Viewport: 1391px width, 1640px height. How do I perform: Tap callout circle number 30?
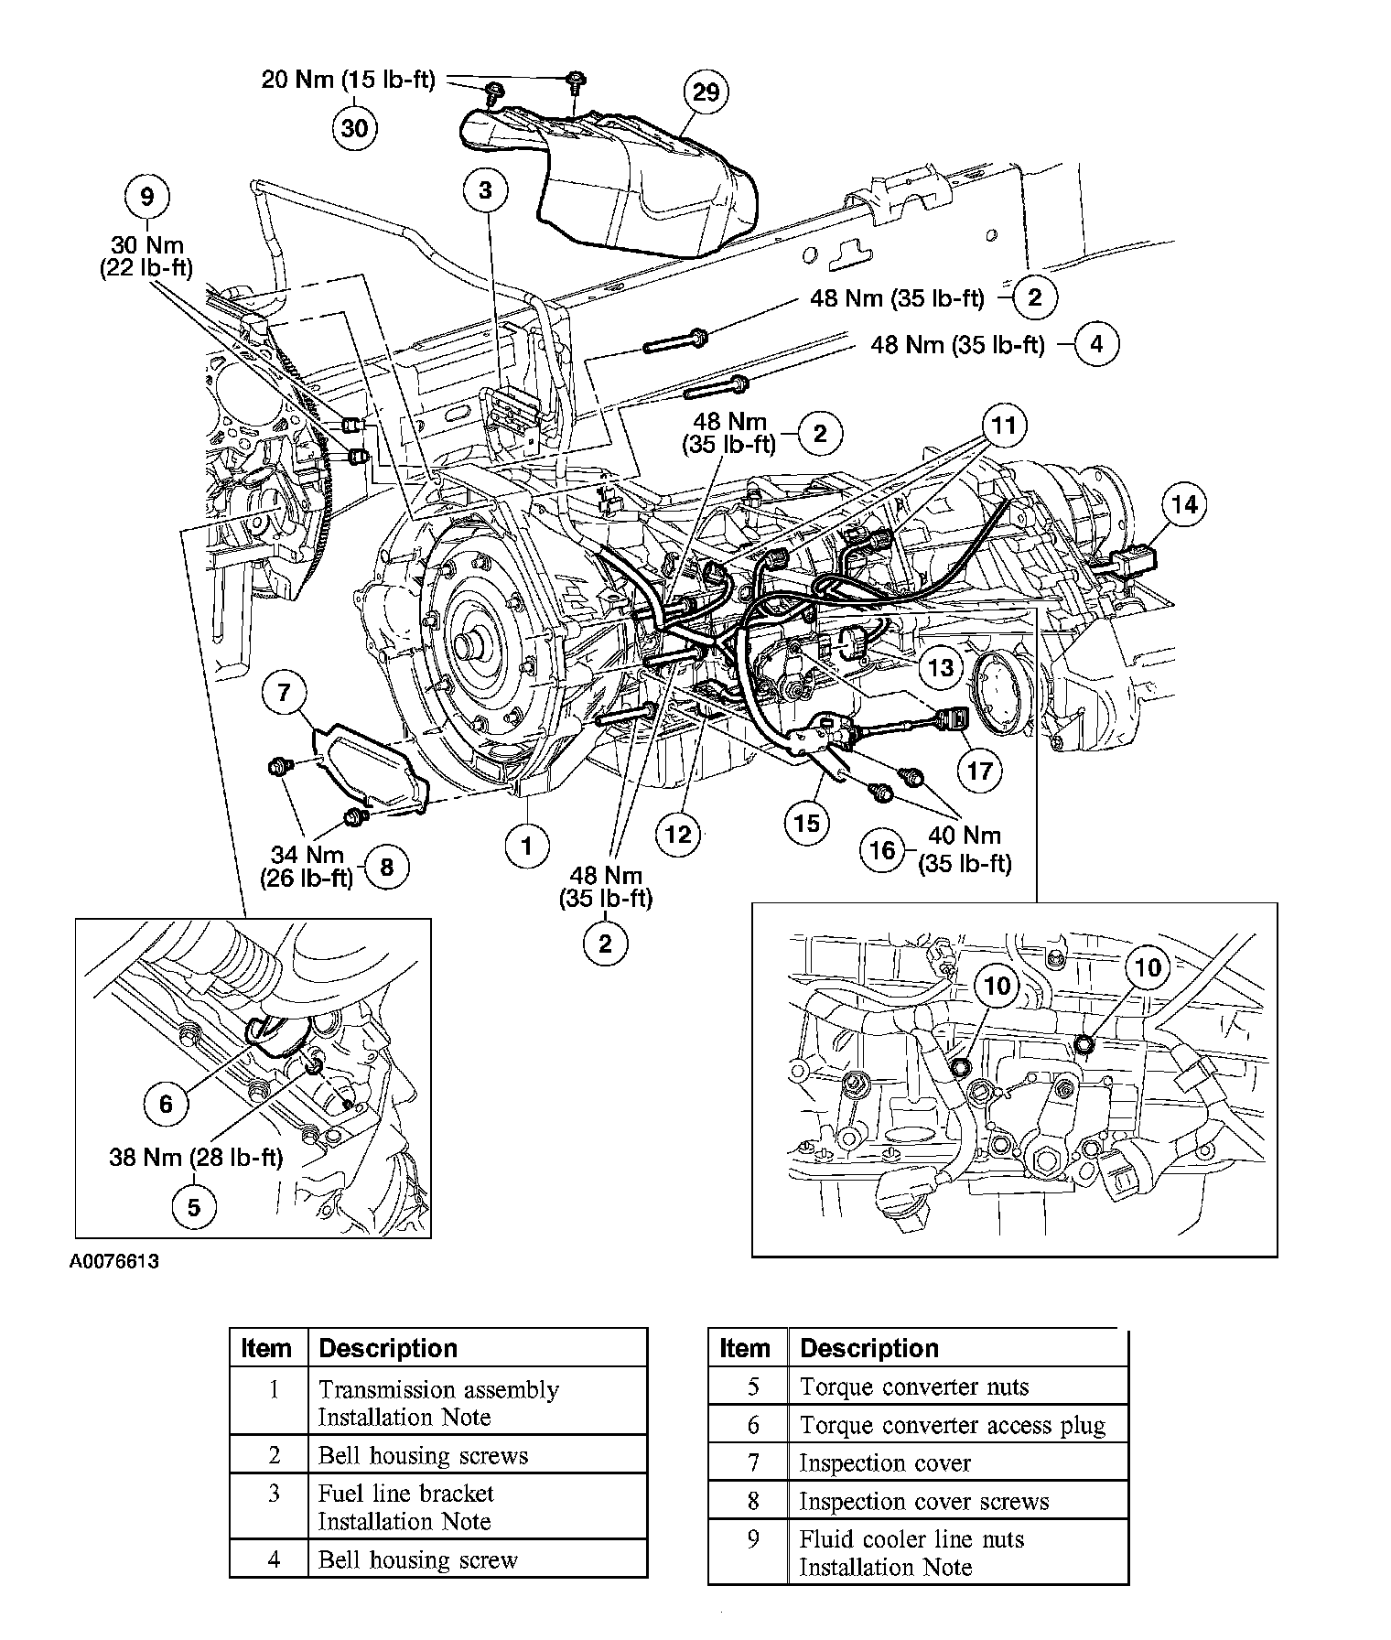[354, 128]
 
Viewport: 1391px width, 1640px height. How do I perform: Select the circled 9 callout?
[147, 196]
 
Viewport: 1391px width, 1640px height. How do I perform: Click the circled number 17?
[979, 771]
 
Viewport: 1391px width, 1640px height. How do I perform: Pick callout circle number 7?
[285, 693]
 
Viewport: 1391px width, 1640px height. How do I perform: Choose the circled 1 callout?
[526, 846]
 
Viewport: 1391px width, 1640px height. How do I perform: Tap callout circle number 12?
[677, 834]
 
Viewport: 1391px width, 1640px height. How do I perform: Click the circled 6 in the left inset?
[166, 1104]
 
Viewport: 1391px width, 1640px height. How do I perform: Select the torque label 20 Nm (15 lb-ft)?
[348, 80]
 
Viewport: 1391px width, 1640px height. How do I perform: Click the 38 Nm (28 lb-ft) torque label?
[196, 1158]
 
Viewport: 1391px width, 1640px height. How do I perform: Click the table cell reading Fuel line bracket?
[405, 1494]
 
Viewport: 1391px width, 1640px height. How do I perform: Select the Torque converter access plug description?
[952, 1425]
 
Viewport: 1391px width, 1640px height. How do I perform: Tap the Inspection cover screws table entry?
[923, 1501]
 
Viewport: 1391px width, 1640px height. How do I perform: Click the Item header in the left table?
[266, 1348]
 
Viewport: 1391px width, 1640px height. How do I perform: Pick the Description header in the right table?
[868, 1348]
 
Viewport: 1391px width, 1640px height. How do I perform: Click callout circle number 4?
[1096, 344]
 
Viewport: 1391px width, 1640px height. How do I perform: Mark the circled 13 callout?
[941, 667]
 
